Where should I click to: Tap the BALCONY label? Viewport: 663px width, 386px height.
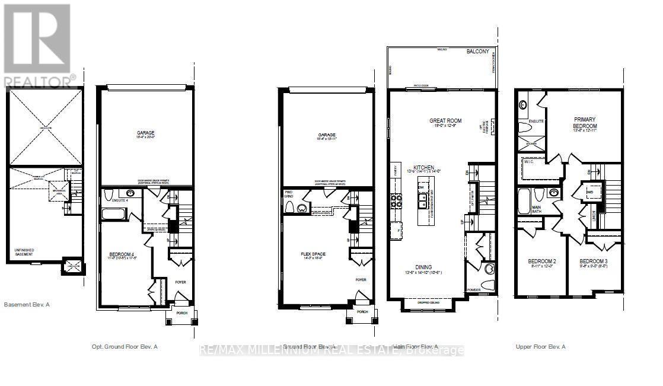click(x=477, y=52)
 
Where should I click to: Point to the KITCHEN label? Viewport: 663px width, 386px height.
click(x=424, y=168)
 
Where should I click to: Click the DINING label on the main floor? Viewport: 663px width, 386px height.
click(x=423, y=267)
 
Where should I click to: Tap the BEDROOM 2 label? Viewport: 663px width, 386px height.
click(x=541, y=261)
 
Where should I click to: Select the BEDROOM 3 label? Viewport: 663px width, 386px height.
click(x=593, y=261)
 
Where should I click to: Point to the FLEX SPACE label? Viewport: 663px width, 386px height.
click(x=313, y=254)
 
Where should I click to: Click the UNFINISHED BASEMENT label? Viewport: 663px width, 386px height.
click(x=24, y=252)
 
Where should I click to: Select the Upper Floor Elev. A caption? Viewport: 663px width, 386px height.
click(x=540, y=346)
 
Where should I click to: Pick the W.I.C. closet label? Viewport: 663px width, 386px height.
click(x=529, y=161)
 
